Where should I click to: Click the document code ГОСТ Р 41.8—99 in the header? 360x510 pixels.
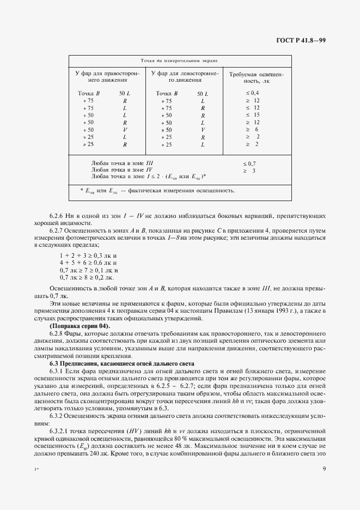coord(300,41)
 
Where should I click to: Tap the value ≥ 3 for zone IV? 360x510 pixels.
coord(249,170)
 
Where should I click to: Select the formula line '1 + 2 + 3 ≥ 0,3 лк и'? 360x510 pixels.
coord(88,255)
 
